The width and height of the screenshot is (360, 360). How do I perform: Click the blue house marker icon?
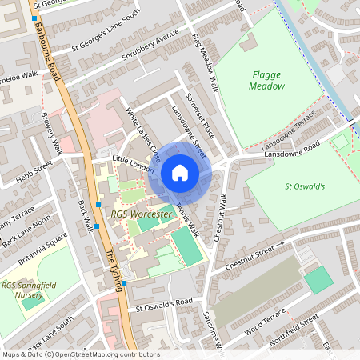coord(180,172)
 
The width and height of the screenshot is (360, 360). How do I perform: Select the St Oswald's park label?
coord(304,186)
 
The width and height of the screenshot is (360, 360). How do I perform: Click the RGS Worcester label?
coord(142,215)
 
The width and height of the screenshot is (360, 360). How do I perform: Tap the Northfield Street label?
coord(297,328)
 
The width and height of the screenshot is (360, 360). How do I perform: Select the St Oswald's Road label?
coord(165,303)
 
